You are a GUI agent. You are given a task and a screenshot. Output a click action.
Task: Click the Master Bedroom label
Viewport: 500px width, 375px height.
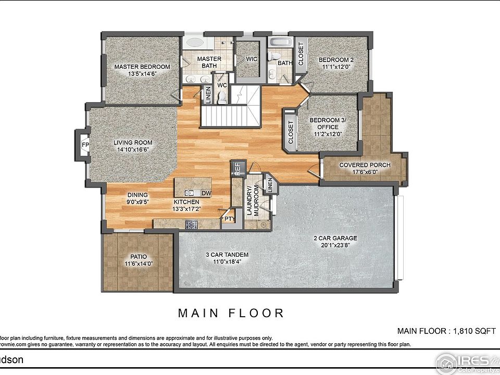pyautogui.click(x=142, y=67)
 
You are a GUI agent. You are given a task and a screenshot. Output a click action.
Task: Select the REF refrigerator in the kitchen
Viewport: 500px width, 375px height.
pyautogui.click(x=236, y=168)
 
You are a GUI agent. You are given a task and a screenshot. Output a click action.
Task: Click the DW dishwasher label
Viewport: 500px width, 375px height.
pyautogui.click(x=206, y=193)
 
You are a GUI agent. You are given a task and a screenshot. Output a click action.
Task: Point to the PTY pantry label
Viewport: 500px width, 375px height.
pyautogui.click(x=229, y=219)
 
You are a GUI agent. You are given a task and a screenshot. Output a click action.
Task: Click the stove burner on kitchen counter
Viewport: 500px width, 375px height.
pyautogui.click(x=191, y=224)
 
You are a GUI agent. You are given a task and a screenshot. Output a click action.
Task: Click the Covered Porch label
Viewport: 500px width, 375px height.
pyautogui.click(x=365, y=166)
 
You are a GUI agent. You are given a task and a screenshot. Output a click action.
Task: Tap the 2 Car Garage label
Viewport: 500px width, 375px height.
pyautogui.click(x=335, y=239)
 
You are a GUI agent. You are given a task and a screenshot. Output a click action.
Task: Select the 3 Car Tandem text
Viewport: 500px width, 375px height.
pyautogui.click(x=227, y=255)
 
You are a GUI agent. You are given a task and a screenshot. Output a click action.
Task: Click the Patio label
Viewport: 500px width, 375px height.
pyautogui.click(x=139, y=257)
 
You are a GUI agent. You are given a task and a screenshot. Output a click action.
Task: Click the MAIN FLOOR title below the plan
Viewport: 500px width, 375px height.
pyautogui.click(x=231, y=313)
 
